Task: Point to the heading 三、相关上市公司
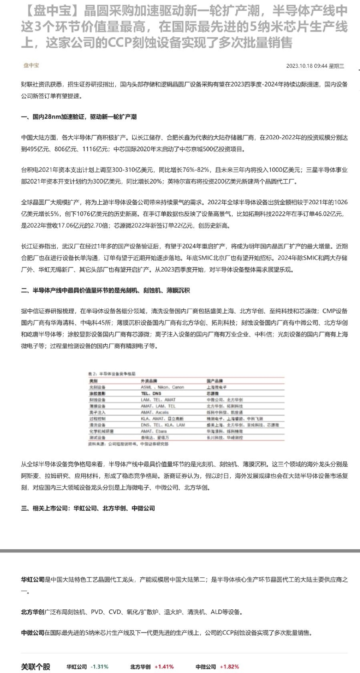(88, 508)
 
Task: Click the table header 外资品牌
(149, 381)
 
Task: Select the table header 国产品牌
(214, 381)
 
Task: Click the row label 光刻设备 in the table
(97, 387)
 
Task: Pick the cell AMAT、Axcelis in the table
(155, 412)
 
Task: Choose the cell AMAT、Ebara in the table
(153, 431)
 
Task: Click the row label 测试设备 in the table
(97, 437)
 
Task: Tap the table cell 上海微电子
(216, 387)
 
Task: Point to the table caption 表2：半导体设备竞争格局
(112, 373)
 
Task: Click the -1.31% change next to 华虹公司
(100, 667)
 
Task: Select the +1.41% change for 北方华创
(164, 667)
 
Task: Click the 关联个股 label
(36, 667)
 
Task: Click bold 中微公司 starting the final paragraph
(32, 633)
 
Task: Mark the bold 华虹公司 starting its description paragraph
(32, 579)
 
